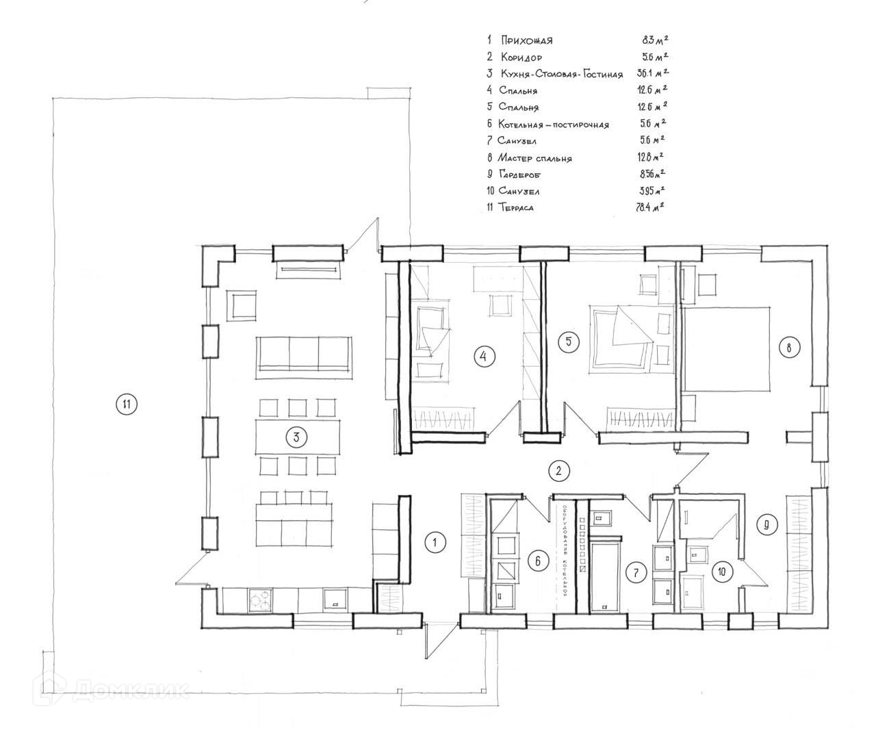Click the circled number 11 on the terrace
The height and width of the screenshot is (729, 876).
[126, 404]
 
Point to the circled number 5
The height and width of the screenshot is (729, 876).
[568, 342]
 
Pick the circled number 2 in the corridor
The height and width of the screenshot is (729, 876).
[559, 470]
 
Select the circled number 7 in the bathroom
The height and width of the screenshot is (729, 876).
[636, 572]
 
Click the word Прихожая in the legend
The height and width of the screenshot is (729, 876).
[526, 40]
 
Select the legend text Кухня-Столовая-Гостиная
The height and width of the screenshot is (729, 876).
[561, 74]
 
